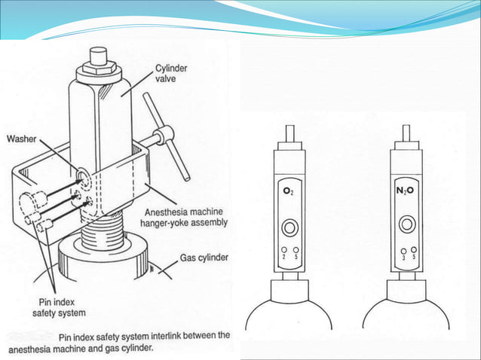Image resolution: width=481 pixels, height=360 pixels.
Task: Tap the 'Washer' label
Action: pyautogui.click(x=23, y=139)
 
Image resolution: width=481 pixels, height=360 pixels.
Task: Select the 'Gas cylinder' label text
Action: pyautogui.click(x=204, y=258)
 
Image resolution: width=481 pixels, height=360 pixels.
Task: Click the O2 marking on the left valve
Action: pyautogui.click(x=289, y=192)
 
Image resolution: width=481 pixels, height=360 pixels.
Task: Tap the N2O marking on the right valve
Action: pyautogui.click(x=407, y=191)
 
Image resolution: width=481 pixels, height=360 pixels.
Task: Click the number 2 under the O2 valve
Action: pyautogui.click(x=283, y=258)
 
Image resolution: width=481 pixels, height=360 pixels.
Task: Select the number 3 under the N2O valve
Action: pyautogui.click(x=405, y=258)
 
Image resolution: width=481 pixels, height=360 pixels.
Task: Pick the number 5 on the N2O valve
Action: pyautogui.click(x=415, y=258)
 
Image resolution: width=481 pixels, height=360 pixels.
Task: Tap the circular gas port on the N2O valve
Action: pyautogui.click(x=408, y=224)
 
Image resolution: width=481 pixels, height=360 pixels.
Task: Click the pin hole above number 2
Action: pyautogui.click(x=283, y=250)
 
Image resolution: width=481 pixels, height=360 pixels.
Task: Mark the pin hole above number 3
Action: pyautogui.click(x=405, y=250)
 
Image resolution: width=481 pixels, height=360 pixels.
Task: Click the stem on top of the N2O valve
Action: pyautogui.click(x=407, y=134)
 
